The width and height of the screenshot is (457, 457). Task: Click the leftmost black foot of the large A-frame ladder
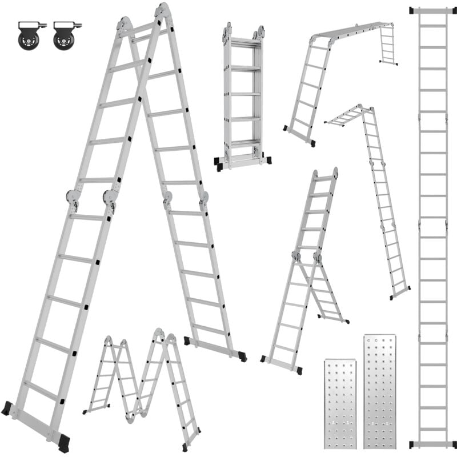click(x=7, y=408)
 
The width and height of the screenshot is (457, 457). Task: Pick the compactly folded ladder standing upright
click(x=243, y=97)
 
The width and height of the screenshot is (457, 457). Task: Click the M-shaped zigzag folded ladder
click(x=143, y=383)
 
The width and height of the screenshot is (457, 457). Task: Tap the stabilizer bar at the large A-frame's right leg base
click(x=215, y=348)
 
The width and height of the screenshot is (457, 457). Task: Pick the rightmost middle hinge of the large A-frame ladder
click(x=203, y=199)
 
